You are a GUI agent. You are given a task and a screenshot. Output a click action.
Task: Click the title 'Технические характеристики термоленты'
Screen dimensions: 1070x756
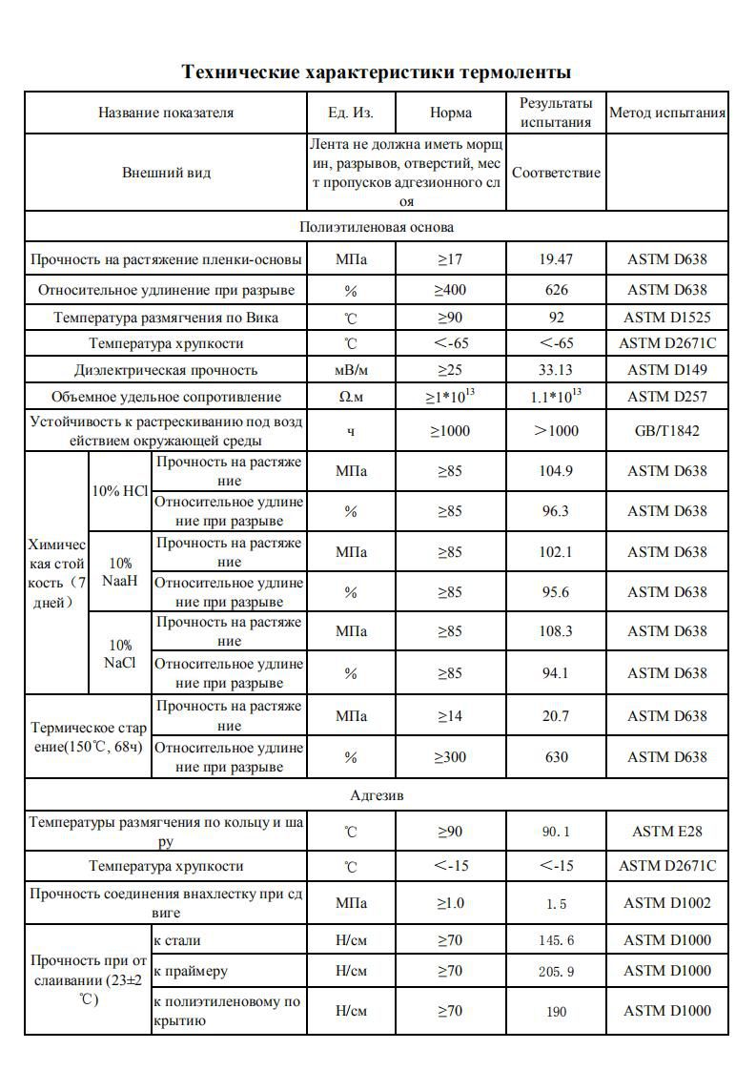[x=377, y=72]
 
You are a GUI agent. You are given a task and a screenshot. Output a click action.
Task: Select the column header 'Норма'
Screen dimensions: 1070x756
[x=451, y=113]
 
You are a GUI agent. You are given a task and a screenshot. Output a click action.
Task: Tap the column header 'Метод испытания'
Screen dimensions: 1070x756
[x=667, y=113]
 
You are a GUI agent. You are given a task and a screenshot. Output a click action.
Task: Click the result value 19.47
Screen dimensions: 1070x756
[x=557, y=259]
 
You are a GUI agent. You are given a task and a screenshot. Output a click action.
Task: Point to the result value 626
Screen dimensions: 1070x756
[x=557, y=290]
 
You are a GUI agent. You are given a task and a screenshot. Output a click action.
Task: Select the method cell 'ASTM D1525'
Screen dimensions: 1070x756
[x=667, y=318]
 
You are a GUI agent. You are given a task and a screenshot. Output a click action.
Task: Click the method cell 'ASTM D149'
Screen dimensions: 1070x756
[x=667, y=370]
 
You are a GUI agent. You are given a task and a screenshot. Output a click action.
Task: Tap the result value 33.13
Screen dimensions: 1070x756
[x=557, y=370]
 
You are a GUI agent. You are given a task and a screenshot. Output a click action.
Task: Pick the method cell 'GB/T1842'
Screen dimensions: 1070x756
[x=667, y=430]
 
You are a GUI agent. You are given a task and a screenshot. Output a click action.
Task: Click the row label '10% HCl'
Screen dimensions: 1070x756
[x=120, y=491]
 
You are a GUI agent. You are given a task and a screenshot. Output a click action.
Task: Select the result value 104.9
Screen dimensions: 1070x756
[x=557, y=471]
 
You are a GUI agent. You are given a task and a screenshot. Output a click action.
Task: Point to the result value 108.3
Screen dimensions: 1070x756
[x=557, y=631]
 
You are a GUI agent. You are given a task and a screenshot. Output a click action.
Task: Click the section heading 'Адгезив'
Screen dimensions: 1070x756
[x=377, y=795]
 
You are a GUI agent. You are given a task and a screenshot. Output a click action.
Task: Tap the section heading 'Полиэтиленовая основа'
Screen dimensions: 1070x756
[x=377, y=227]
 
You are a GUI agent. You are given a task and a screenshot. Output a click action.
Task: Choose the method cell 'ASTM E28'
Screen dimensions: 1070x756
[x=667, y=832]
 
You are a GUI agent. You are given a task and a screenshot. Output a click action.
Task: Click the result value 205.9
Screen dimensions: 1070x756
[x=557, y=972]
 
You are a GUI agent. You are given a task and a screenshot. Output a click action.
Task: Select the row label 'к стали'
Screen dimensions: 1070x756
[x=177, y=941]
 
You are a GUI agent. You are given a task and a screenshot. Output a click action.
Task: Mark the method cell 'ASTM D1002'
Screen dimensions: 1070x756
[x=667, y=903]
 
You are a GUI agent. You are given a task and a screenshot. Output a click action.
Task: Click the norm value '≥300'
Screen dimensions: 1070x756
[x=451, y=757]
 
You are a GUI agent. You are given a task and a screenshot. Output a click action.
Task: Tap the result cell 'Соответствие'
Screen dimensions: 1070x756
[x=557, y=173]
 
